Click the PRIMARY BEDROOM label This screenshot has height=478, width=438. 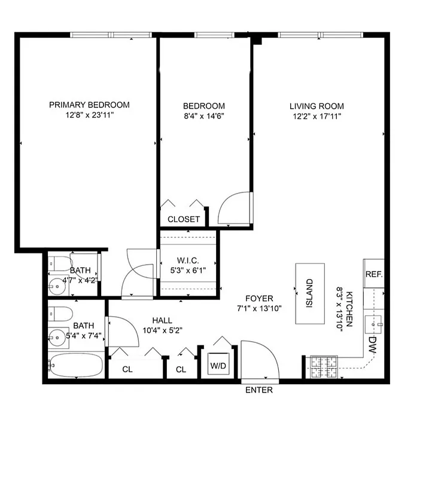(89, 105)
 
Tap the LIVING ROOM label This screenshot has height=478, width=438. (317, 106)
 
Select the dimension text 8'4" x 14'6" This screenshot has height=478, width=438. (204, 117)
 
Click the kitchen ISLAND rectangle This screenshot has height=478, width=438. (309, 293)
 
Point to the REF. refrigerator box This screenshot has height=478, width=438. (373, 275)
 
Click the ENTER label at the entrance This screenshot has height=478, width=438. (259, 390)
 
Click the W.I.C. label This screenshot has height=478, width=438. (188, 261)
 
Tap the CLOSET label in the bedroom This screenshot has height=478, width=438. (184, 219)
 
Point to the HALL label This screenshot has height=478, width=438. (162, 320)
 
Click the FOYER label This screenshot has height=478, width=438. (259, 298)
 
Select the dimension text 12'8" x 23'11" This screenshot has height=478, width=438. (89, 115)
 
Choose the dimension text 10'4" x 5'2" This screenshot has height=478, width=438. (162, 330)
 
